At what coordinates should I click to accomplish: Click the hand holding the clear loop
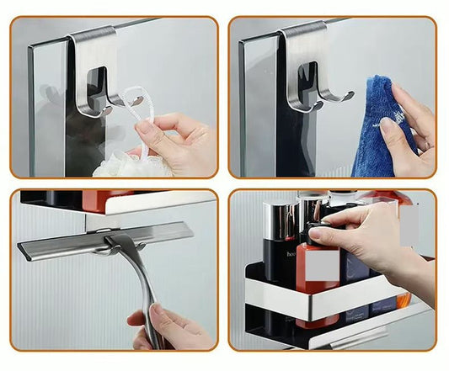(x=181, y=139)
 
